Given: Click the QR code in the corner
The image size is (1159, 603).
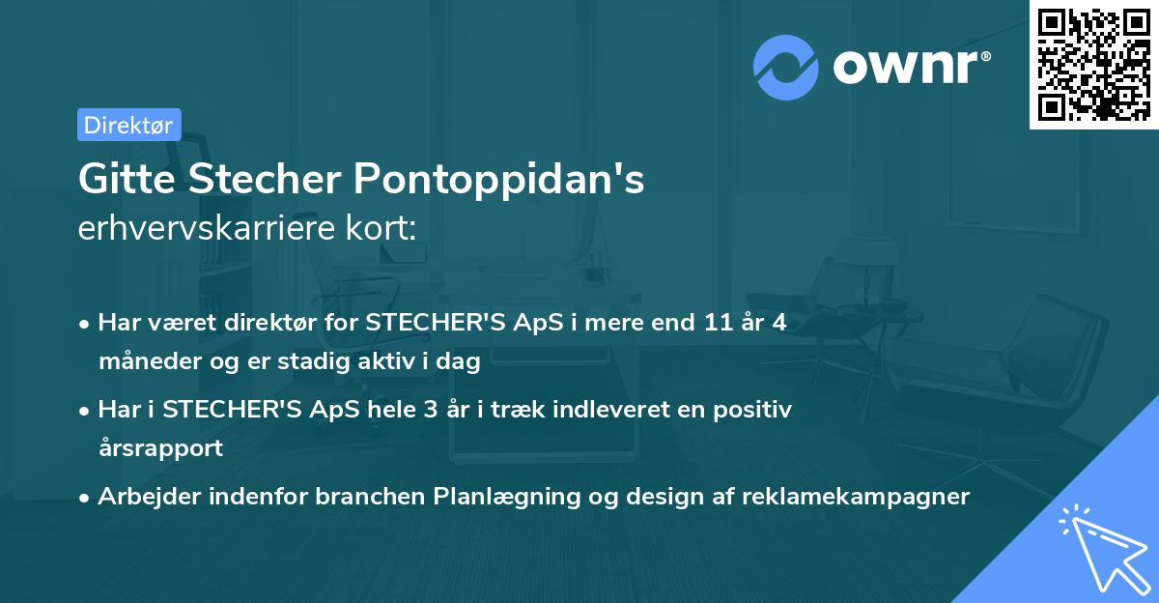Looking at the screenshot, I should pos(1093,64).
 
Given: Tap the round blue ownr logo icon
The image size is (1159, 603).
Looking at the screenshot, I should pos(785,68).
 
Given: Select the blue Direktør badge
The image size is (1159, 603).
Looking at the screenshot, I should pos(128,125).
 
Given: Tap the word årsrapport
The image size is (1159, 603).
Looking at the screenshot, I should pos(160,447).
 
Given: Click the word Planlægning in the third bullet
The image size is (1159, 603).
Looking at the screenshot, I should pos(500,497).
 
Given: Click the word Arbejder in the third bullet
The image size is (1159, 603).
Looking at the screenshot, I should pos(143,497).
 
